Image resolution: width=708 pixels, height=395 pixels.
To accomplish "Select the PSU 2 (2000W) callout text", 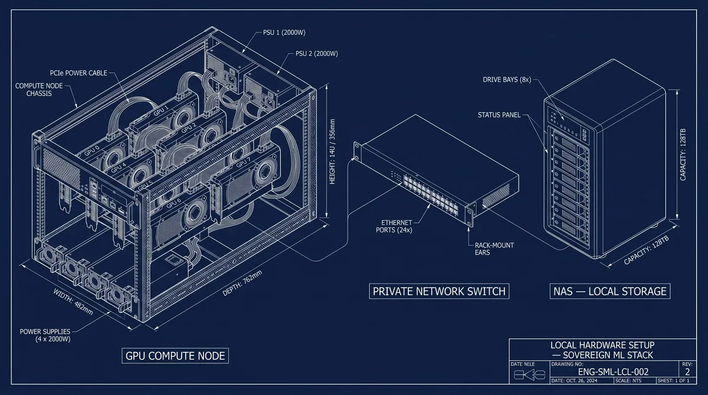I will pyautogui.click(x=316, y=54).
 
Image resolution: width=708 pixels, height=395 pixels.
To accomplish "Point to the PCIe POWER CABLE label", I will pyautogui.click(x=78, y=74).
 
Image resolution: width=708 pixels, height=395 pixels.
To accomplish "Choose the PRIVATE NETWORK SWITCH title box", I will pyautogui.click(x=438, y=291).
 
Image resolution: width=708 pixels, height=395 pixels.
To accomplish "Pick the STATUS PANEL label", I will pyautogui.click(x=499, y=115).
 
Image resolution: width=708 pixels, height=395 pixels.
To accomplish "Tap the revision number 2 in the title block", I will pyautogui.click(x=687, y=371).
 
